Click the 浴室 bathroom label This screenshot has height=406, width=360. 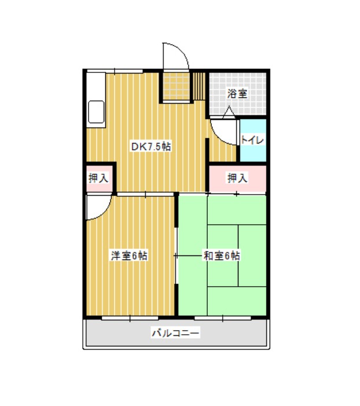[237, 93]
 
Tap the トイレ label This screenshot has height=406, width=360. [252, 140]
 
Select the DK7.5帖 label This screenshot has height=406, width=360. [151, 147]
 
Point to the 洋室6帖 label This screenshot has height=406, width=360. [130, 256]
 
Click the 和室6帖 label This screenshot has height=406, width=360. [222, 256]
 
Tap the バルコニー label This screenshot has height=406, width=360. [176, 332]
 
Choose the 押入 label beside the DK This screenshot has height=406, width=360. [98, 178]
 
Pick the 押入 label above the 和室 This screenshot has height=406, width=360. [237, 178]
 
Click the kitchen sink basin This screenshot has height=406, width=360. [96, 112]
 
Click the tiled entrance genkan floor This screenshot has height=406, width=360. [177, 86]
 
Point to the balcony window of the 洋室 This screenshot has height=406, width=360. [130, 318]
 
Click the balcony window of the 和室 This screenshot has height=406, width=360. [223, 318]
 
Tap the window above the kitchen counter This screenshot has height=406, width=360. [115, 71]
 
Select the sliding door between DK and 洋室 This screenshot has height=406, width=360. [145, 194]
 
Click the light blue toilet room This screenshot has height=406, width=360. [253, 140]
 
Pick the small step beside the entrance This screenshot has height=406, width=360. [199, 86]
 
